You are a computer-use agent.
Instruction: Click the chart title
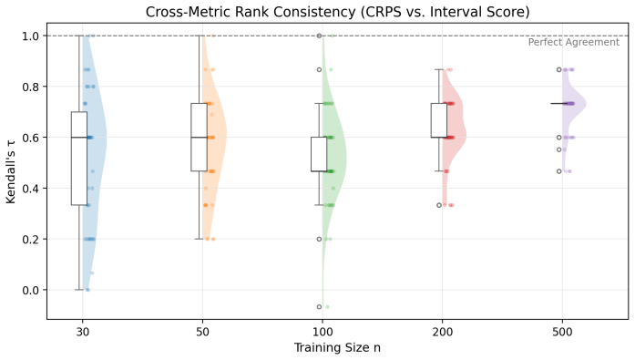pos(337,12)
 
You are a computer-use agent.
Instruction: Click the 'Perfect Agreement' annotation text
pos(573,42)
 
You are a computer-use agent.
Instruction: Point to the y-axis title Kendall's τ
pos(11,171)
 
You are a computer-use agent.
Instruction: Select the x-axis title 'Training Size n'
pos(337,347)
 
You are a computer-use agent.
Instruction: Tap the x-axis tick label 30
pos(83,333)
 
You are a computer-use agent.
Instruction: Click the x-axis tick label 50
pos(202,333)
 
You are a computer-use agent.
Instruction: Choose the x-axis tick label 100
pos(323,333)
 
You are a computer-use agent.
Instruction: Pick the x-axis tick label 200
pos(443,333)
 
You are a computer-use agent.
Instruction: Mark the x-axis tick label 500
pos(562,333)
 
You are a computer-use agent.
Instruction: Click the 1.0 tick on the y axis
pos(31,36)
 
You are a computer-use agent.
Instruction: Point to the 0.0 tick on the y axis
pos(31,290)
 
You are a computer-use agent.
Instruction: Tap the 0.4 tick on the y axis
pos(31,189)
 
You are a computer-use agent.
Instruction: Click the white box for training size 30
pos(79,159)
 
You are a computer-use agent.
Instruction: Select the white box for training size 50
pos(200,137)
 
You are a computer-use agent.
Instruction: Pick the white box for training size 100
pos(319,154)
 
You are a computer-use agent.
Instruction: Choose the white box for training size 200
pos(439,120)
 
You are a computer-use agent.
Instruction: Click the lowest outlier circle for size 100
pos(319,307)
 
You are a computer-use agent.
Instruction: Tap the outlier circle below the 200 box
pos(439,205)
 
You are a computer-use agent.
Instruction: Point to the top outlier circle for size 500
pos(559,69)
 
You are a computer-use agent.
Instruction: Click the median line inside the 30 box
pos(79,138)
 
